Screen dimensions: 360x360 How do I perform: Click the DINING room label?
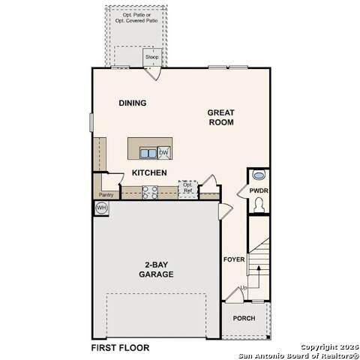coord(133,103)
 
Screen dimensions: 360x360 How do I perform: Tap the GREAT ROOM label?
coord(221,118)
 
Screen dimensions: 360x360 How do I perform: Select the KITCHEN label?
coord(149,172)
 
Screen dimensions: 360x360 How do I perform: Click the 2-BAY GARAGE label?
coord(156,269)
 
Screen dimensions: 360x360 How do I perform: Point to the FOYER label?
coord(234,259)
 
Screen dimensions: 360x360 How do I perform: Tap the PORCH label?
coord(244,318)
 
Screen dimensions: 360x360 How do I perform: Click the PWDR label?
coord(259,190)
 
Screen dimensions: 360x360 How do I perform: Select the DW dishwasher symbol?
coord(163,152)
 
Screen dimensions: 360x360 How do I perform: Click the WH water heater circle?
coord(101,208)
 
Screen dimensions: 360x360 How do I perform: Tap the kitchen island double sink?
coord(148,153)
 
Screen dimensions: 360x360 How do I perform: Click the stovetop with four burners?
coord(150,193)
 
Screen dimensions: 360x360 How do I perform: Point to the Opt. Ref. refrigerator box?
coord(187,189)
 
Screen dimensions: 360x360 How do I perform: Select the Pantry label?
coord(106,194)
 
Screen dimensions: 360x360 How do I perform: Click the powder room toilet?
coord(259,205)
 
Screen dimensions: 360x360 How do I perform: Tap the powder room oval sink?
coord(258,175)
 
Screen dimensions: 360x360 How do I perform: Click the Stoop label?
coord(152,57)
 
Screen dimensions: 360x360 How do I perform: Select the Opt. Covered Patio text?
coord(136,21)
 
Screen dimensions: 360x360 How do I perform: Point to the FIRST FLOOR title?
coord(120,348)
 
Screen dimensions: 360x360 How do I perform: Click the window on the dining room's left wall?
coord(91,122)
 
